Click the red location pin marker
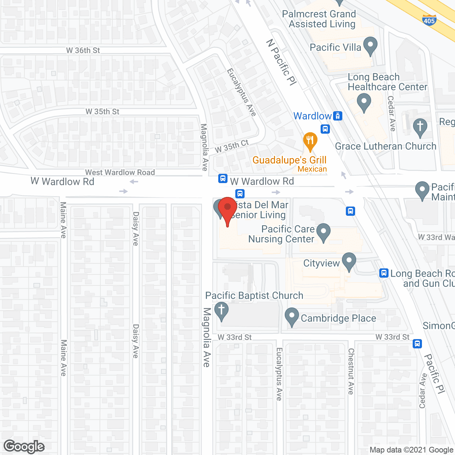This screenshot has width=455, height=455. click(x=227, y=210)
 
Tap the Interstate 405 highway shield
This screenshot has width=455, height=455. click(x=429, y=20)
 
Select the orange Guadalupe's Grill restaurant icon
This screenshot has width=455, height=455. click(x=310, y=141)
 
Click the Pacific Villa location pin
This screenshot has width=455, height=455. click(x=370, y=46)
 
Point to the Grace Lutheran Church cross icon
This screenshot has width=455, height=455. click(x=420, y=127)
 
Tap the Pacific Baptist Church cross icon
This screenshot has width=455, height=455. click(x=221, y=311)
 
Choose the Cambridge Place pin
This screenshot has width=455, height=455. click(x=292, y=316)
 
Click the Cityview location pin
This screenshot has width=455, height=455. click(x=349, y=261)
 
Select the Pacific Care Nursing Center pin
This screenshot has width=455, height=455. click(x=323, y=232)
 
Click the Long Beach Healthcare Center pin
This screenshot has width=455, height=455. click(x=364, y=102)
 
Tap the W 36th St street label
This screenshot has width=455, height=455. click(x=83, y=50)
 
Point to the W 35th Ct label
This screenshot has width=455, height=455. click(x=232, y=146)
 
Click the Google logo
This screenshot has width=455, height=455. click(x=24, y=446)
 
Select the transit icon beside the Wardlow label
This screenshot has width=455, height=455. click(x=337, y=116)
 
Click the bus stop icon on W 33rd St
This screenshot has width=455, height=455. click(x=417, y=344)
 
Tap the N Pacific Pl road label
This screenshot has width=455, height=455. click(x=281, y=63)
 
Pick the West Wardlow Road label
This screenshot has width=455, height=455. click(x=120, y=172)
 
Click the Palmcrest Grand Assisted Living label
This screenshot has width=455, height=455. click(x=319, y=19)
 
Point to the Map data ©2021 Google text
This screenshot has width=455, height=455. click(x=411, y=450)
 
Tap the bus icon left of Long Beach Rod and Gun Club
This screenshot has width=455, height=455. click(x=384, y=273)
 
